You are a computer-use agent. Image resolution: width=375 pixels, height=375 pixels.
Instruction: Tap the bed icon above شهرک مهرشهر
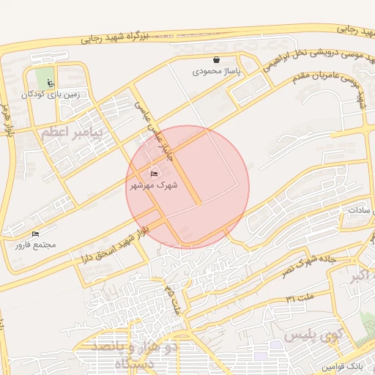154,174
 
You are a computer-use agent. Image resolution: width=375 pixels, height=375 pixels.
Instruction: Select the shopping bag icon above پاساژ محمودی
216,60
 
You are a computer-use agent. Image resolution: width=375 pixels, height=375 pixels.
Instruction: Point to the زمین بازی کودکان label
50,94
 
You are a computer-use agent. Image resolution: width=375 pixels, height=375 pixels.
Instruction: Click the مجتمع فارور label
34,245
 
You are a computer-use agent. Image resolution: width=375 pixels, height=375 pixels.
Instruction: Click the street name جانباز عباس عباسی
152,130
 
